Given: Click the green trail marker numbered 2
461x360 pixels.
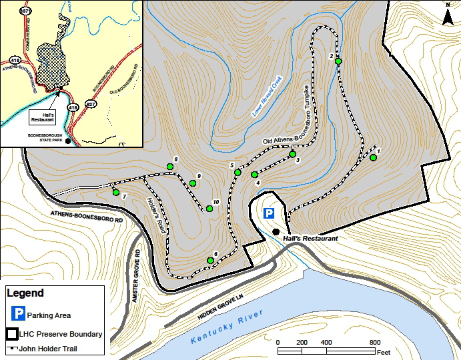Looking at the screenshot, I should coord(338,61).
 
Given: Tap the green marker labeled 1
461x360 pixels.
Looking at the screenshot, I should coord(373,157).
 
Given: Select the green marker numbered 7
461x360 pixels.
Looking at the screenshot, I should coord(116,193).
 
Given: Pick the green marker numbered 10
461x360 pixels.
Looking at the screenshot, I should coord(209,209).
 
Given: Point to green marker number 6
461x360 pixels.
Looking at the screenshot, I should coord(210,261).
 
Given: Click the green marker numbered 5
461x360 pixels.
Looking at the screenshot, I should coord(238,173).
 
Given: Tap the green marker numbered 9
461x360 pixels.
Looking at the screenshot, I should coord(193,183).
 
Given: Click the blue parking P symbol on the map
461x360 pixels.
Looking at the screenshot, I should coord(268,213).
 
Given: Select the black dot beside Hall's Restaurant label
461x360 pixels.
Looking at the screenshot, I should coord(276,231).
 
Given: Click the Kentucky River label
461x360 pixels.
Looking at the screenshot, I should coord(227,327).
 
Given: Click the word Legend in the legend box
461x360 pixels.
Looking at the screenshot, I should coord(25,293).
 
